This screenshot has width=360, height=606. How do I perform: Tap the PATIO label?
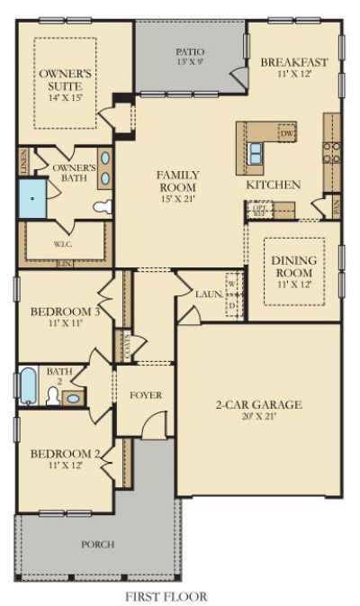coord(190,53)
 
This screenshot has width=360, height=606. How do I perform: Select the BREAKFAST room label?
coord(293,62)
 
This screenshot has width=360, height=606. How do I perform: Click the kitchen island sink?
coord(256,149)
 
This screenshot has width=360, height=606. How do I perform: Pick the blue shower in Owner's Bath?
coord(32,197)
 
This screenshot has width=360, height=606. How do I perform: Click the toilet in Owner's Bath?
coord(103,207)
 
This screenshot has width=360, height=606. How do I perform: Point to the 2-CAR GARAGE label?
coord(257,404)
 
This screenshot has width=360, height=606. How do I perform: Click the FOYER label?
coord(146,394)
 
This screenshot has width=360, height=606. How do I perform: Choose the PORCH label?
coord(97,544)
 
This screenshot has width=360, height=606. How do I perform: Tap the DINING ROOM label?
coord(293,267)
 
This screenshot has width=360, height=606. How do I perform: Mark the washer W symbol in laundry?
coord(231,283)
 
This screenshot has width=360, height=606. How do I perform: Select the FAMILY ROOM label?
coord(177,180)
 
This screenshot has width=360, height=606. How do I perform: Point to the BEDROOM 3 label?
coord(65,312)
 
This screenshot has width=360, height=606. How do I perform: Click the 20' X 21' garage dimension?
coord(257,416)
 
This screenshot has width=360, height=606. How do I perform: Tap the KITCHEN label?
coord(274,185)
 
